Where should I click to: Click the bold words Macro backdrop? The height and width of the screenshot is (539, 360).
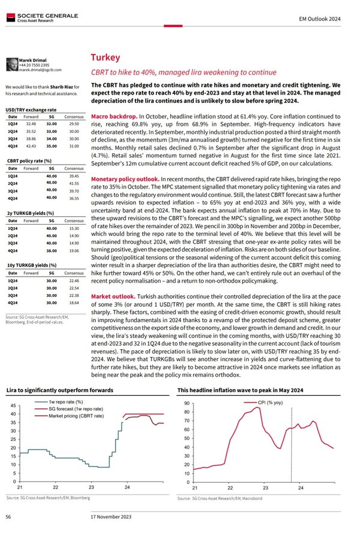[x=113, y=114]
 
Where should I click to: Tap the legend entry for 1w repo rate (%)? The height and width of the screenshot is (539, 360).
[x=66, y=401]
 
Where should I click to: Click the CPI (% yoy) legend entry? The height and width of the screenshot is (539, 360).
[x=270, y=402]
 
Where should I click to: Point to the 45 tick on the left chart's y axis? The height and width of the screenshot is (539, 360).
[x=13, y=407]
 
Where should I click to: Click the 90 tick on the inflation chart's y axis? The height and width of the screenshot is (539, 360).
[x=187, y=403]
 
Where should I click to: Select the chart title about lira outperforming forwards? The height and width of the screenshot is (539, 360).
[x=60, y=390]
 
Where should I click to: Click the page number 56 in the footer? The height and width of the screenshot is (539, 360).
[x=8, y=516]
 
